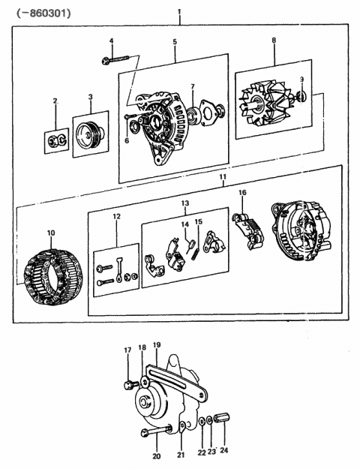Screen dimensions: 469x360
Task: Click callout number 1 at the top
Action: pos(179,12)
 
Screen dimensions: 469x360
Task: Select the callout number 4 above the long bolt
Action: pos(111,41)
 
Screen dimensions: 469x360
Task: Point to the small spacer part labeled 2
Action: pos(55,139)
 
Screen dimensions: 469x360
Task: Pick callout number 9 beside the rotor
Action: pos(302,80)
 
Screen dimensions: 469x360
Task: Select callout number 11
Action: pos(222,177)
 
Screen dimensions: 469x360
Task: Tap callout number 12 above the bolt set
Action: pos(115,218)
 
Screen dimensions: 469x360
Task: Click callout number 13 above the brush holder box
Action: pos(184,203)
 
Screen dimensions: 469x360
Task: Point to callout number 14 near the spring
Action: pos(184,224)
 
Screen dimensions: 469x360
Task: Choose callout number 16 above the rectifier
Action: pos(242,193)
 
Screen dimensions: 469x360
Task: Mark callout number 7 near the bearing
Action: pos(193,87)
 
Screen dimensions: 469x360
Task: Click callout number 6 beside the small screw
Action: pos(126,140)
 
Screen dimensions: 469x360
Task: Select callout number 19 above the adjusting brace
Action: pos(156,344)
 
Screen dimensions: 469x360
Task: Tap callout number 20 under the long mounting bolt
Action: pos(156,456)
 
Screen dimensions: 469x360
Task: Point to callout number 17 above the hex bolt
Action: pos(127,350)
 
